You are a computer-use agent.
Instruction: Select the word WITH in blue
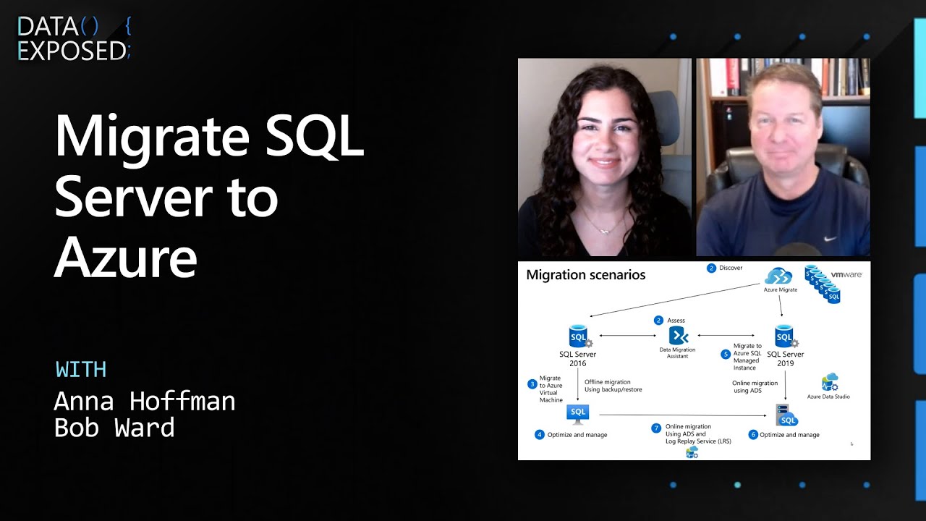pyautogui.click(x=81, y=369)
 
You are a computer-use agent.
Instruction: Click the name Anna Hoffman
pyautogui.click(x=145, y=401)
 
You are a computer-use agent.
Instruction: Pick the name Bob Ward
pyautogui.click(x=114, y=428)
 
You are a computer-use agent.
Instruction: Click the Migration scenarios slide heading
pyautogui.click(x=585, y=275)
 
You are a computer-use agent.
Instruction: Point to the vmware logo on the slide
pyautogui.click(x=846, y=275)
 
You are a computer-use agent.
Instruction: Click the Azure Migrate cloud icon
pyautogui.click(x=779, y=276)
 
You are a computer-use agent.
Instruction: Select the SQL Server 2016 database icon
pyautogui.click(x=579, y=336)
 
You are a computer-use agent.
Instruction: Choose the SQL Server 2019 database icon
pyautogui.click(x=784, y=336)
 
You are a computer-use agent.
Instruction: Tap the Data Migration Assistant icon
pyautogui.click(x=678, y=336)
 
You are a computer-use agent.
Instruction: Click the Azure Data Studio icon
pyautogui.click(x=829, y=383)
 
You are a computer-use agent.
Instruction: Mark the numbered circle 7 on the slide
pyautogui.click(x=656, y=428)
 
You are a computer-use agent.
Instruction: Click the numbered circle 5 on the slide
pyautogui.click(x=726, y=355)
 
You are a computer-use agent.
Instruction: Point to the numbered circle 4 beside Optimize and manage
pyautogui.click(x=539, y=435)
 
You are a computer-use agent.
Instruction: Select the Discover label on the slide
pyautogui.click(x=731, y=268)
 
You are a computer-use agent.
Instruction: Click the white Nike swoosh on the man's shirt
pyautogui.click(x=831, y=238)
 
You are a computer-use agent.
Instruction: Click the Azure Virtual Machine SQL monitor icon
pyautogui.click(x=578, y=413)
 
